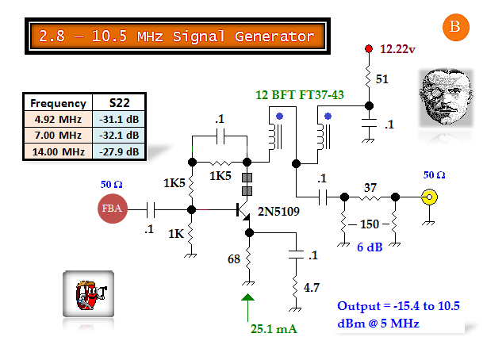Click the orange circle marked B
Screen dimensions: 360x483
pyautogui.click(x=454, y=27)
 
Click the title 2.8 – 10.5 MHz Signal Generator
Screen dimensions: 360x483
pyautogui.click(x=177, y=36)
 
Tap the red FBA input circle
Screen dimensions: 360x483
pyautogui.click(x=112, y=209)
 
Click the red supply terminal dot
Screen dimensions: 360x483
pyautogui.click(x=369, y=49)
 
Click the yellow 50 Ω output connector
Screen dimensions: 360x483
pyautogui.click(x=429, y=197)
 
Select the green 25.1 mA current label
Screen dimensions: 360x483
pyautogui.click(x=274, y=328)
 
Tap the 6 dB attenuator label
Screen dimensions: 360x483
pyautogui.click(x=370, y=247)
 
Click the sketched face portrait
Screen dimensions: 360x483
pyautogui.click(x=442, y=94)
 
